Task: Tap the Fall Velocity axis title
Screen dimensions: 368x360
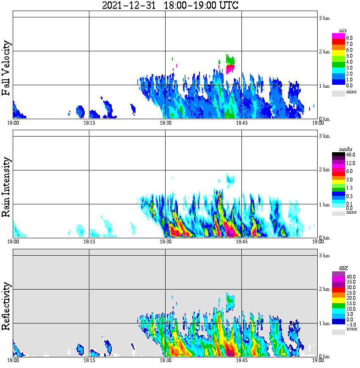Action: [x=6, y=68]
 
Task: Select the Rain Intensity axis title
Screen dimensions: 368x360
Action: [x=6, y=187]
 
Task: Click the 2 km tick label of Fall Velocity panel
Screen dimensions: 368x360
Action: [x=324, y=52]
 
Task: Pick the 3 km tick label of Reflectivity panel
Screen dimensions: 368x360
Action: [x=324, y=256]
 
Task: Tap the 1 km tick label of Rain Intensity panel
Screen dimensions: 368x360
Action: [x=324, y=205]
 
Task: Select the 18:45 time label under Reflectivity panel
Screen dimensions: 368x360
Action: [x=241, y=360]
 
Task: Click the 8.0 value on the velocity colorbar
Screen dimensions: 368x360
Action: [x=349, y=38]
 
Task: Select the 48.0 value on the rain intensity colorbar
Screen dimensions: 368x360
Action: [x=350, y=155]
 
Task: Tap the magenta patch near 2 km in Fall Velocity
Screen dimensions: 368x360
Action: [x=230, y=69]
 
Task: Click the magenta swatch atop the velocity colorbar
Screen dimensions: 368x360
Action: [x=338, y=36]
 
